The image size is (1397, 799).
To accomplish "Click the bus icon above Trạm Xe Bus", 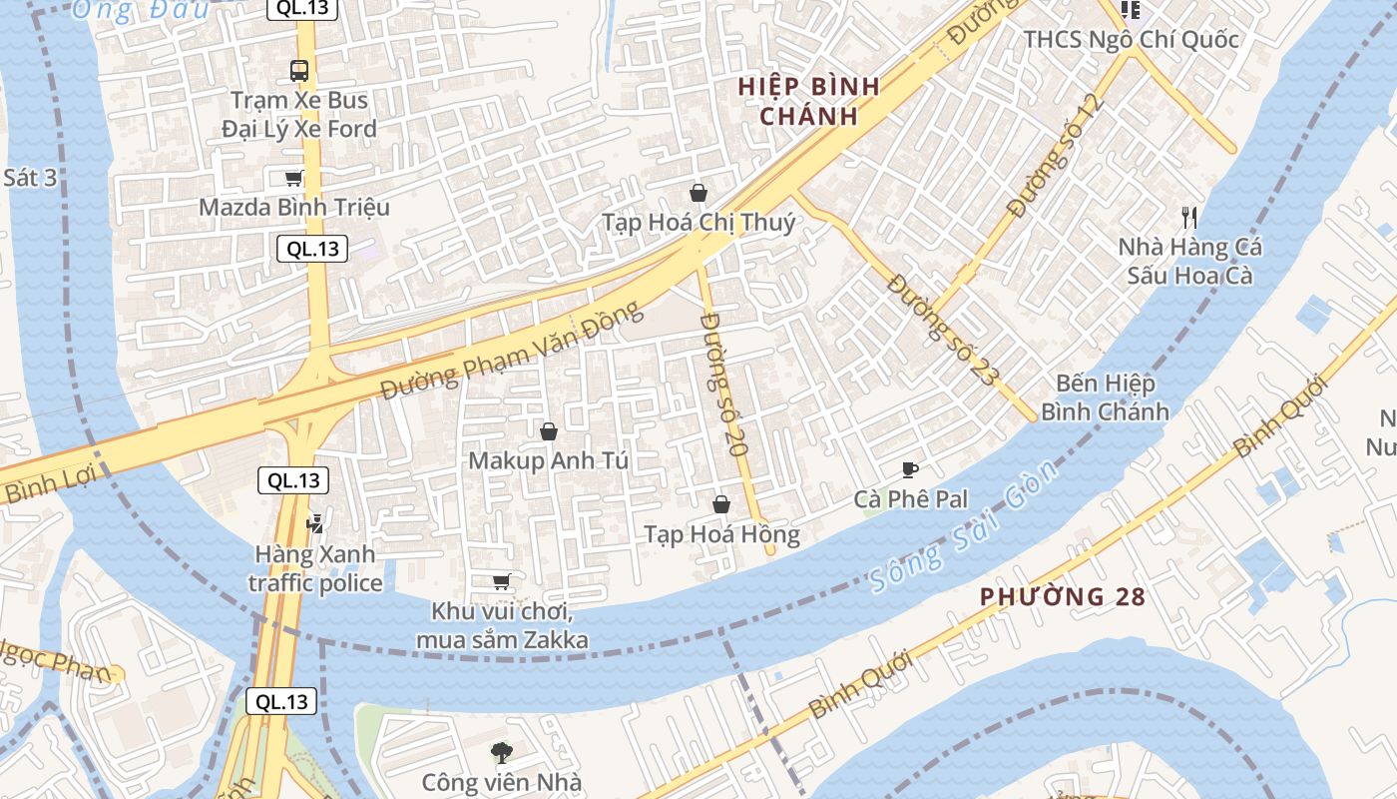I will click(298, 71).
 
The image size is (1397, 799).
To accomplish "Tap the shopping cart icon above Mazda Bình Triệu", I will click(293, 179).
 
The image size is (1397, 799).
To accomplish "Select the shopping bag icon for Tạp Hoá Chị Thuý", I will click(698, 193).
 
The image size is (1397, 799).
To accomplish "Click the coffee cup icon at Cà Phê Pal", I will click(909, 469).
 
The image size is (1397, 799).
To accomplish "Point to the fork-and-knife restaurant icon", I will click(1188, 217).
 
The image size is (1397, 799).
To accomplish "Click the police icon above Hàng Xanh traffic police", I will click(315, 522).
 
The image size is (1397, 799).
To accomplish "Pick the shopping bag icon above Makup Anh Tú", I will click(548, 431).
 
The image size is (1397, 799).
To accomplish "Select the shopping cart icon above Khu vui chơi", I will click(502, 582).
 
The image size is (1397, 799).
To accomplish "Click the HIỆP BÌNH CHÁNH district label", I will click(809, 101).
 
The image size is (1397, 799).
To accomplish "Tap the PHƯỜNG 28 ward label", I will click(1062, 597).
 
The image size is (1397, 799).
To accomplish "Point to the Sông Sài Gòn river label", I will click(962, 526).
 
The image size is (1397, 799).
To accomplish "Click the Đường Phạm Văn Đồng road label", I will click(512, 352).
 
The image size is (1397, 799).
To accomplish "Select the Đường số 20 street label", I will click(724, 385).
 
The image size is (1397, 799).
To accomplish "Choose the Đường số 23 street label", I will click(942, 331).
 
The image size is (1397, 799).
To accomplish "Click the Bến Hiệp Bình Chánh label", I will click(1105, 398).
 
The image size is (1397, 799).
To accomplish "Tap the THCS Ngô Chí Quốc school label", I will click(1132, 40).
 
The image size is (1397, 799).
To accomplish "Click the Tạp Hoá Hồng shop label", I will click(721, 535).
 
